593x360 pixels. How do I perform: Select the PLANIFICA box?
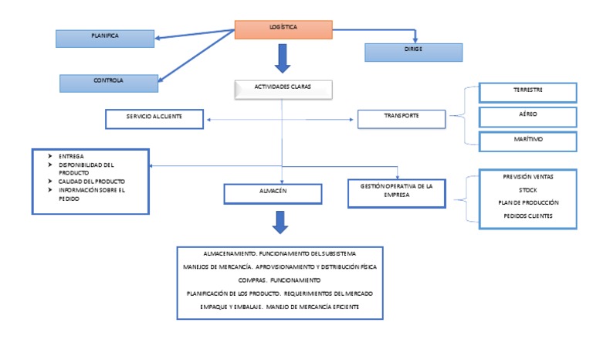pos(105,37)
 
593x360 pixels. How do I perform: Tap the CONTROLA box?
pos(109,81)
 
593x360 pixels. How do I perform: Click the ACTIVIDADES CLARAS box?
pos(283,89)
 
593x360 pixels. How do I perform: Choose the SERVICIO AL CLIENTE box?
pos(154,118)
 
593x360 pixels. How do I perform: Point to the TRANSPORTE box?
pos(402,118)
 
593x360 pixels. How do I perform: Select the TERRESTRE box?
pos(527,92)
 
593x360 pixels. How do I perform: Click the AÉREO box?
pos(527,116)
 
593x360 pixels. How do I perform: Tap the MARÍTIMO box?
pos(527,141)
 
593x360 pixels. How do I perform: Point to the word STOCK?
pos(528,189)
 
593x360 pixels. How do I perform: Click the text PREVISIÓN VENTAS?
pos(528,177)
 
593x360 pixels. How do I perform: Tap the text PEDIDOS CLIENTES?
pos(528,216)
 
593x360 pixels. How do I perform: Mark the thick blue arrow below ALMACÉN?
pos(282,222)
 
